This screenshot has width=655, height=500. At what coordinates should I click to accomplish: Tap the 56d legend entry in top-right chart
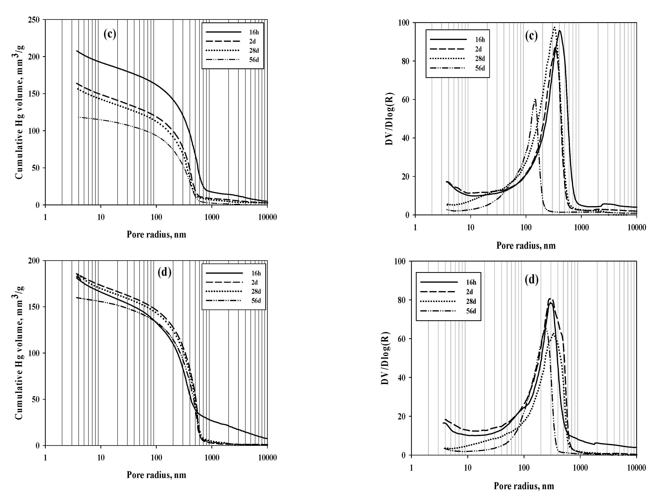click(480, 68)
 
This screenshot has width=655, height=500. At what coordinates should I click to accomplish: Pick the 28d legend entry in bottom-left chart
click(256, 291)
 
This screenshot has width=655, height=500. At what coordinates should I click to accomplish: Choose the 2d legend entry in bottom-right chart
click(470, 292)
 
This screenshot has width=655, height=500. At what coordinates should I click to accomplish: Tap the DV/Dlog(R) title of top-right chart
click(390, 119)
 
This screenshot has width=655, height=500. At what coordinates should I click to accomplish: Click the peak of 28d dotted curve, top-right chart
click(554, 28)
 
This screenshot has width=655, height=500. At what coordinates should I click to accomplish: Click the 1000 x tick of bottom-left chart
click(212, 457)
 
